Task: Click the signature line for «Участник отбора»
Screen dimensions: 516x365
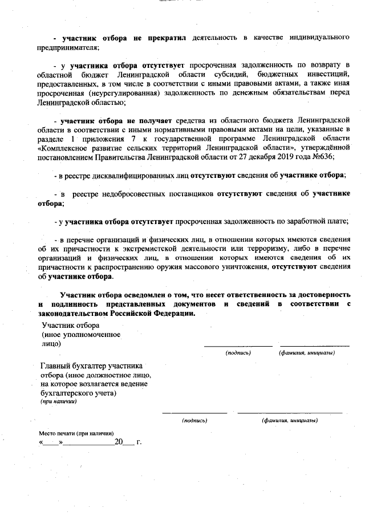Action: point(238,346)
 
